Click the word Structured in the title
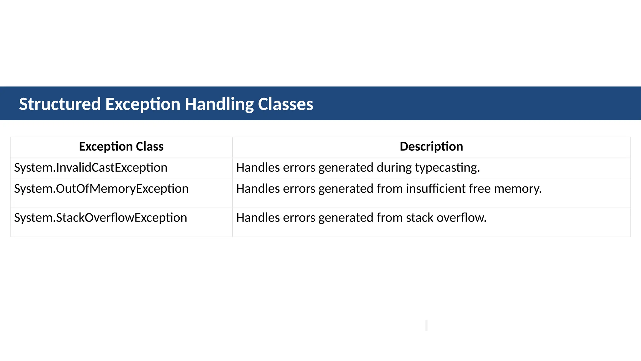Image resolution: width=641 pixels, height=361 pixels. (x=60, y=104)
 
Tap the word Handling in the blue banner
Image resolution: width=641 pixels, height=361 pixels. (x=219, y=104)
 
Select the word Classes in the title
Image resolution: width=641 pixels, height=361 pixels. (x=285, y=104)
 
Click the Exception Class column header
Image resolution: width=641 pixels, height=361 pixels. (x=121, y=147)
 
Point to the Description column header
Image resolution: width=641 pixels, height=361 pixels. (x=431, y=147)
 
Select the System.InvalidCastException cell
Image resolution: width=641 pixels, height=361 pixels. (x=91, y=168)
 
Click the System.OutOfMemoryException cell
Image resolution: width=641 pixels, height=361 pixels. (x=101, y=189)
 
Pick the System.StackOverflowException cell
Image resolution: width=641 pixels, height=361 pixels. (x=100, y=218)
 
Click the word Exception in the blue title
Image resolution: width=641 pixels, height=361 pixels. (x=143, y=104)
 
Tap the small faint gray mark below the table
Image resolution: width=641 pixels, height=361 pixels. (x=426, y=325)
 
